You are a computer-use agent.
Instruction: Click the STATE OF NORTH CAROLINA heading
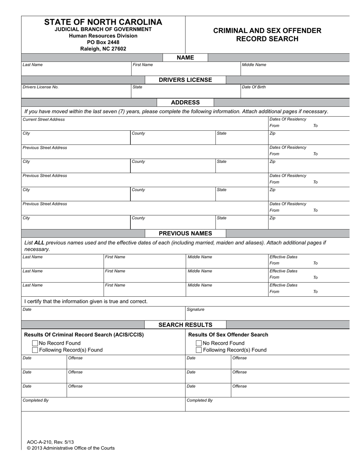point(103,22)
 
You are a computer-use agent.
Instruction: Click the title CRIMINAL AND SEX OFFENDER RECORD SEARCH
point(267,34)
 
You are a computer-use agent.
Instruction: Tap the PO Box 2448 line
point(103,42)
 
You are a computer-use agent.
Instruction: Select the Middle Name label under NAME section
point(254,65)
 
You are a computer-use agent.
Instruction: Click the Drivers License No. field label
point(41,87)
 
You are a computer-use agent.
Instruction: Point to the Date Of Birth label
point(254,87)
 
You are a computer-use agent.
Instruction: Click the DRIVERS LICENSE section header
point(185,80)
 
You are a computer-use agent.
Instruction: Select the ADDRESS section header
point(185,102)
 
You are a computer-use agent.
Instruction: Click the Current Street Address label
point(44,119)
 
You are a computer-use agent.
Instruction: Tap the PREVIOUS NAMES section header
point(185,233)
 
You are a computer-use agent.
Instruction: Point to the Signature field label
point(196,310)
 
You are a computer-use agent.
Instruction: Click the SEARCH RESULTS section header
point(185,325)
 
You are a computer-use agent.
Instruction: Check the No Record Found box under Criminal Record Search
point(35,343)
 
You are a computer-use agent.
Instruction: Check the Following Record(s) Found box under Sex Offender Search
point(199,350)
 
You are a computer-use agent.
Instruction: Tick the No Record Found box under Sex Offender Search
point(199,343)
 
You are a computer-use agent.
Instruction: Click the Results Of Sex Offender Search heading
point(228,335)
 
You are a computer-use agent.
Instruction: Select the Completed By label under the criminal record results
point(36,400)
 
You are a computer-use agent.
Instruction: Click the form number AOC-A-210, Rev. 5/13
point(50,442)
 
